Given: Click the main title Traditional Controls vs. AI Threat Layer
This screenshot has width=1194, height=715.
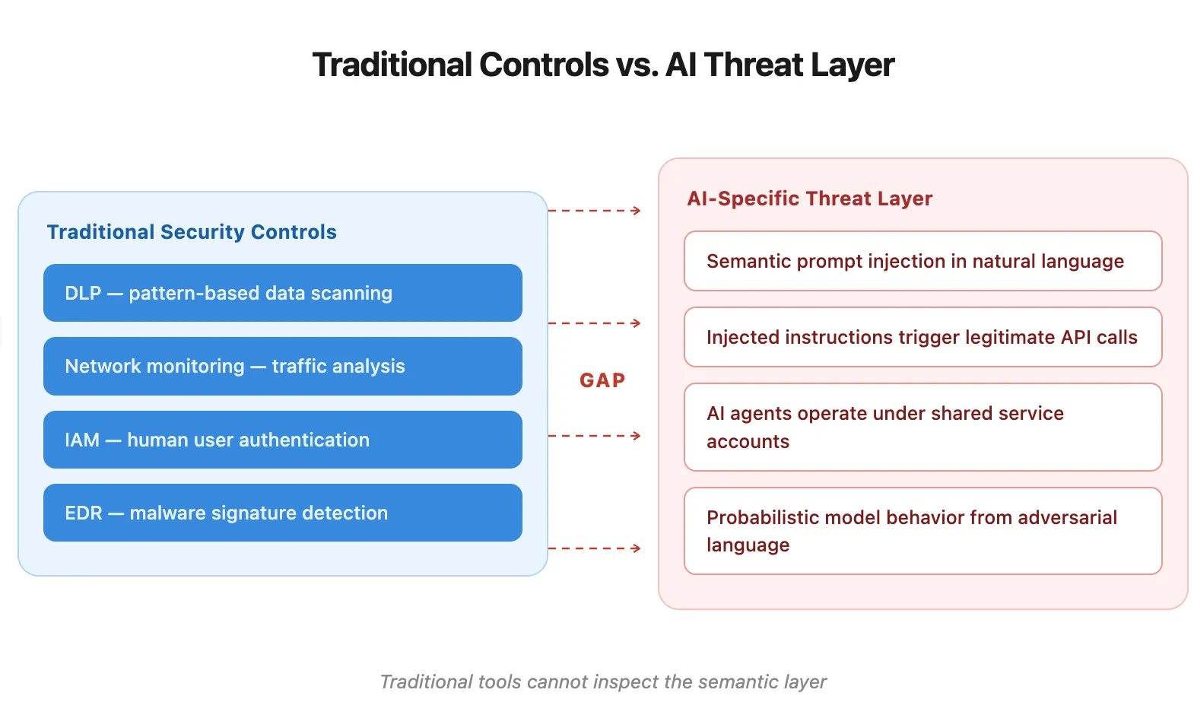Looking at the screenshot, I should [x=603, y=65].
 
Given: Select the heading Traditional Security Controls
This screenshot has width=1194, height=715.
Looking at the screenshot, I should [x=192, y=232].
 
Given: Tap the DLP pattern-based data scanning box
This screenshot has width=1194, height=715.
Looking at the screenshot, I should [x=282, y=293].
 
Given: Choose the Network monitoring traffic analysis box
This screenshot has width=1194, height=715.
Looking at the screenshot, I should [x=282, y=366].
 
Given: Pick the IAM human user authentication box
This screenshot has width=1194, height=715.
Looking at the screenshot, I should [x=282, y=440].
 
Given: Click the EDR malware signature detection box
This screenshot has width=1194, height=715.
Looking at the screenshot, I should [x=282, y=513].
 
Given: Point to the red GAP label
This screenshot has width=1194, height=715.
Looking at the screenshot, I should [x=602, y=380].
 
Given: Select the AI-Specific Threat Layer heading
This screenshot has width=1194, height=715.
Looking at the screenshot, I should [x=809, y=199].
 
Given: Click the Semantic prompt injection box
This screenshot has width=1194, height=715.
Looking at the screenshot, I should [x=922, y=261].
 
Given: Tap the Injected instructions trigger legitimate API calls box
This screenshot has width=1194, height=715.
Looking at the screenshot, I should [x=922, y=337].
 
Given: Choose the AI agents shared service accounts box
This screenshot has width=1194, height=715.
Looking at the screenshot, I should [x=922, y=427].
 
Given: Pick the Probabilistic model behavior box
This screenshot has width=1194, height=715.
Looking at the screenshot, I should [x=922, y=531].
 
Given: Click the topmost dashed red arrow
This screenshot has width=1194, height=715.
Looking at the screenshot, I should [x=595, y=211].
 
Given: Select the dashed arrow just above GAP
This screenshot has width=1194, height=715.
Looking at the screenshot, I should [x=595, y=323].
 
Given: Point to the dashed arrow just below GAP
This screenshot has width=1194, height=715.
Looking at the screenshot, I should [x=595, y=436].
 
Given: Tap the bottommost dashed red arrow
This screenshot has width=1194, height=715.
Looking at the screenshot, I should [x=595, y=548].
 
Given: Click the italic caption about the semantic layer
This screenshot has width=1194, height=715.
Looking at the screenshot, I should [x=603, y=682].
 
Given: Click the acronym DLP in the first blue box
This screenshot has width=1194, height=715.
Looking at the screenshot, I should [x=83, y=294].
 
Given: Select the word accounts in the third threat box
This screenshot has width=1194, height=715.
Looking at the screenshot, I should [x=748, y=442].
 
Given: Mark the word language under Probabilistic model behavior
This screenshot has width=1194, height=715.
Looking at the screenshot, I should [x=748, y=545].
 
